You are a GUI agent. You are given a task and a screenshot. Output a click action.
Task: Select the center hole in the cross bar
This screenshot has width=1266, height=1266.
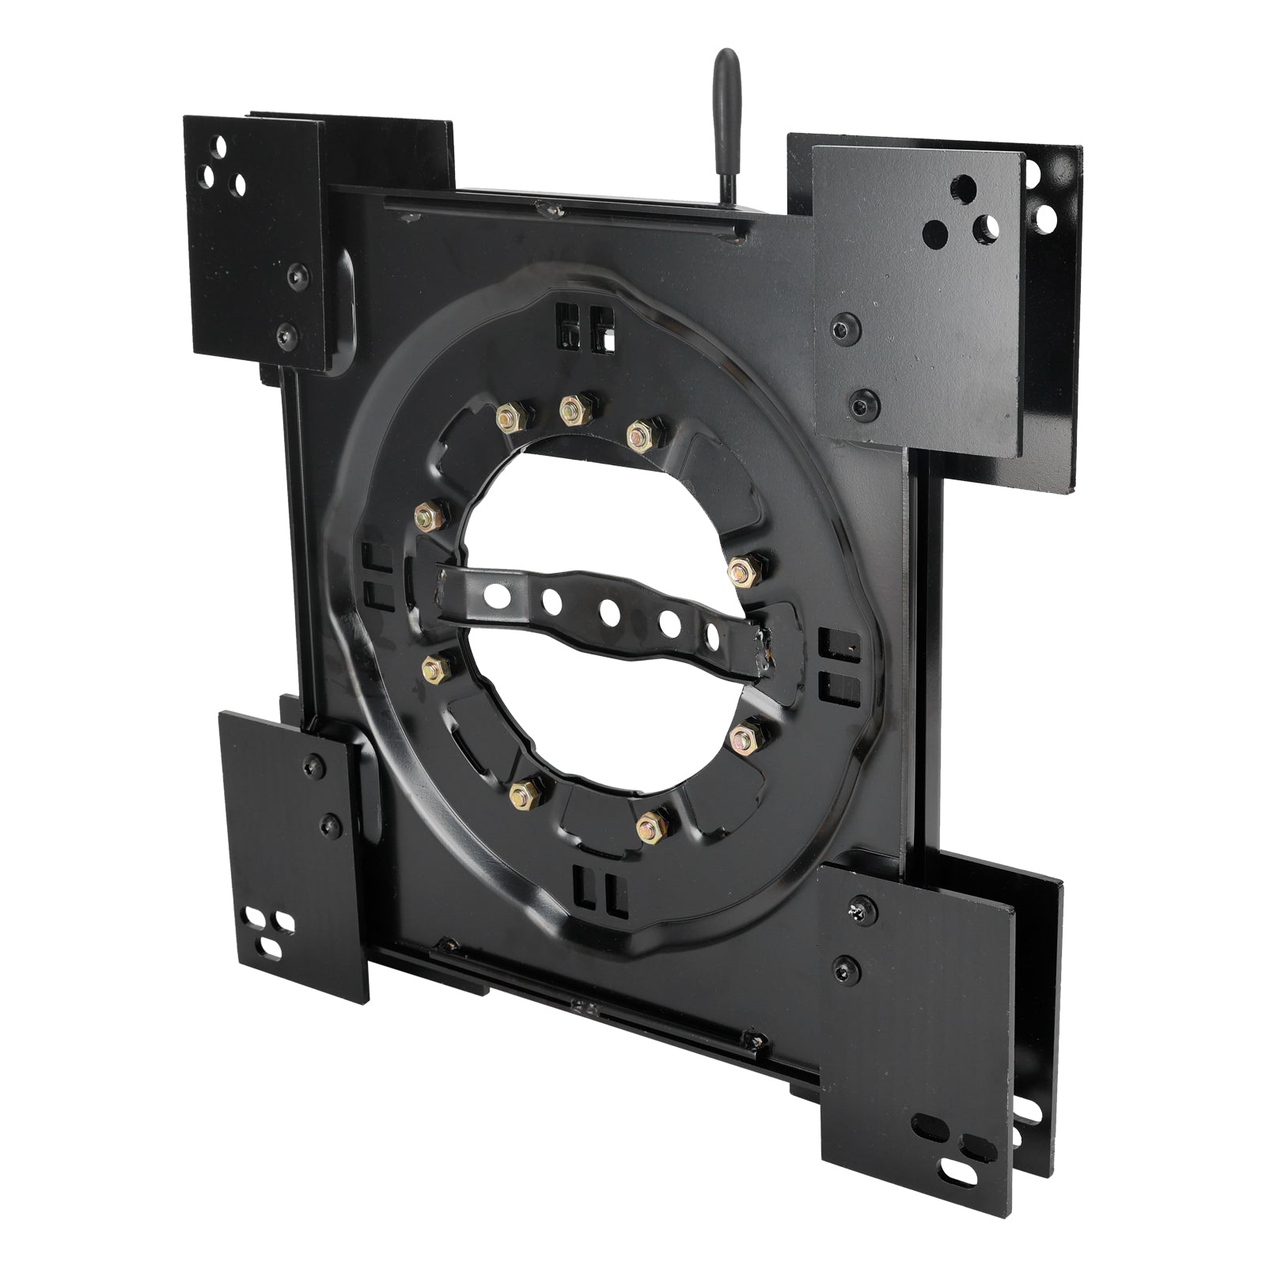[608, 611]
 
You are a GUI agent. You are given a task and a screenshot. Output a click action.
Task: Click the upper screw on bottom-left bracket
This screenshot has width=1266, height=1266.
[314, 763]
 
